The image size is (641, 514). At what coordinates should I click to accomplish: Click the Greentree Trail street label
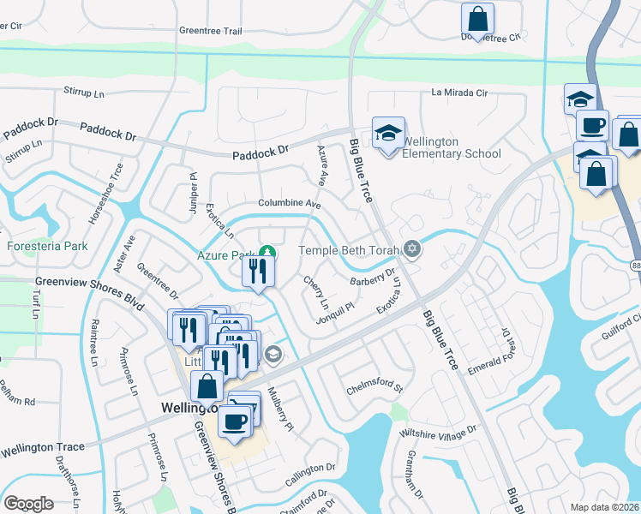[x=211, y=30]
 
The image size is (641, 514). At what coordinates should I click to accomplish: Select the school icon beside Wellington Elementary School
[x=388, y=134]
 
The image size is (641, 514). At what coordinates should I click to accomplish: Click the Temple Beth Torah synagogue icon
[x=413, y=249]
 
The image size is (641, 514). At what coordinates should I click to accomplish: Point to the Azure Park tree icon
[x=267, y=253]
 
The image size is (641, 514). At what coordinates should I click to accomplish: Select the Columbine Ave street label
[x=289, y=204]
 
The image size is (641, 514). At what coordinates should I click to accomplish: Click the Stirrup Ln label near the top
[x=90, y=90]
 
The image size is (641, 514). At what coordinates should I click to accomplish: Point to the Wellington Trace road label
[x=43, y=448]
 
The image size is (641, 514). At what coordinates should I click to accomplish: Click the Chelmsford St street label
[x=374, y=387]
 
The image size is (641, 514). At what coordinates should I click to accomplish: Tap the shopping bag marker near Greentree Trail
[x=477, y=18]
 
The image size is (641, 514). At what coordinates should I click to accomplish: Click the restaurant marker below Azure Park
[x=258, y=272]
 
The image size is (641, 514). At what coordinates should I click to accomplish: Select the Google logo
[x=28, y=504]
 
